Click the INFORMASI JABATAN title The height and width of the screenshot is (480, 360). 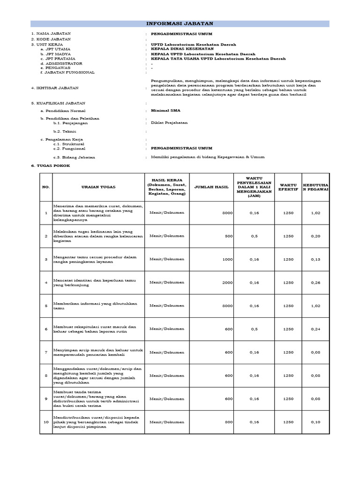click(x=180, y=23)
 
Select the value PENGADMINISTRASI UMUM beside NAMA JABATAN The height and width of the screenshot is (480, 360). click(x=181, y=34)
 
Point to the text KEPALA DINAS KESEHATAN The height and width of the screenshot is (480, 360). click(x=182, y=49)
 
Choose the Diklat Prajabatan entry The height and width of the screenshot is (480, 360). click(x=169, y=123)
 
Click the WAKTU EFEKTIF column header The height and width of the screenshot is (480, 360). click(x=288, y=187)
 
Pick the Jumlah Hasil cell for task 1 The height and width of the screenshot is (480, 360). click(x=227, y=213)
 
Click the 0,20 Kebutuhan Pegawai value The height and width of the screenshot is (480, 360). click(x=315, y=236)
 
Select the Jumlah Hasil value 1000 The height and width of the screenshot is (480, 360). click(x=228, y=259)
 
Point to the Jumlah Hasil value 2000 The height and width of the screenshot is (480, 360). click(x=228, y=283)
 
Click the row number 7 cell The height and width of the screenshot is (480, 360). click(x=46, y=352)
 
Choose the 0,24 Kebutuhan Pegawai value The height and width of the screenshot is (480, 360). click(x=315, y=329)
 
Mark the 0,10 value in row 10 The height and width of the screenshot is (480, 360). click(x=315, y=422)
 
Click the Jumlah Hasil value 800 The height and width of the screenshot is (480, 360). click(x=229, y=422)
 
